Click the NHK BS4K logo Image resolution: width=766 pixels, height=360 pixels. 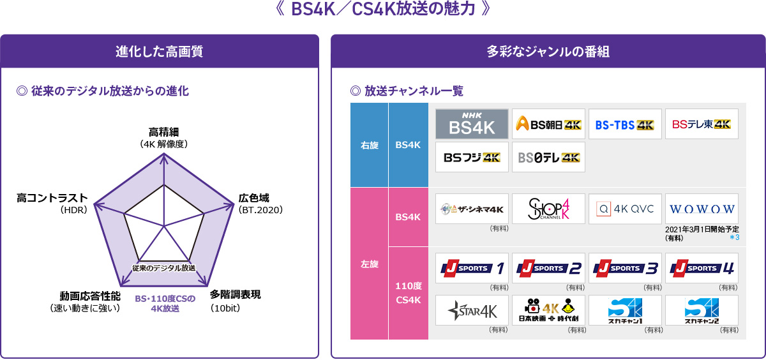click(x=472, y=124)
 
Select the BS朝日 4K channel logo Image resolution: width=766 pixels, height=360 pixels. click(x=548, y=124)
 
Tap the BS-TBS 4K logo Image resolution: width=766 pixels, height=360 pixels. click(x=625, y=124)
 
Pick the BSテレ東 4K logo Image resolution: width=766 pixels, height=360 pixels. click(x=702, y=124)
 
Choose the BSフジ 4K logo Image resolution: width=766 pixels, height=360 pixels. click(x=472, y=157)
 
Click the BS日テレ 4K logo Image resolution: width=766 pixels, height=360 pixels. click(x=548, y=157)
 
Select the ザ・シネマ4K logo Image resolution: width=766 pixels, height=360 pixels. click(x=472, y=209)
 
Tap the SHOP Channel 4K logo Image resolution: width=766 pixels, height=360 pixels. click(x=548, y=209)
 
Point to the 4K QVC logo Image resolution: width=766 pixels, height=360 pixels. click(x=625, y=209)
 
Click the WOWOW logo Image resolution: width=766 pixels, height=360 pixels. click(x=702, y=209)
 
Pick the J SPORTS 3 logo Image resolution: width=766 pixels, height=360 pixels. click(x=625, y=268)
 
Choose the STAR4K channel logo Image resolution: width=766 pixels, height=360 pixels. click(x=472, y=310)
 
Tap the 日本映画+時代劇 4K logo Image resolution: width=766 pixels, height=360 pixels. click(x=548, y=310)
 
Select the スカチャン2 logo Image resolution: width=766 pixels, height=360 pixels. click(x=702, y=310)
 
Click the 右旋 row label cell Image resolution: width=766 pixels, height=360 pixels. click(x=369, y=145)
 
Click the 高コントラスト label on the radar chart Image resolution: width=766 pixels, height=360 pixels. click(x=52, y=199)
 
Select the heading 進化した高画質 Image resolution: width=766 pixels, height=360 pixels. click(x=160, y=52)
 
